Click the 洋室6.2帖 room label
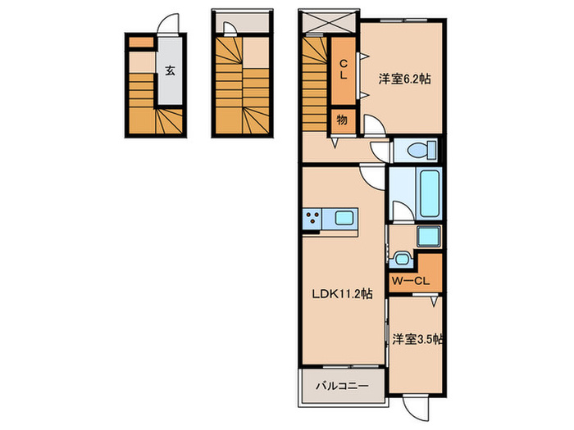coord(404,79)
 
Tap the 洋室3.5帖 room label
coord(417,338)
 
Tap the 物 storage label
coord(341,120)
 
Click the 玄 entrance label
coord(169,70)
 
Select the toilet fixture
coord(417,151)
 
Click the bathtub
coord(429,192)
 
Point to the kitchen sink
coord(343,219)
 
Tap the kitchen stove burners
coord(313,219)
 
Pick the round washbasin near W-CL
coord(399,260)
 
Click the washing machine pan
coord(428,238)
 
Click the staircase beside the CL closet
coord(314,82)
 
